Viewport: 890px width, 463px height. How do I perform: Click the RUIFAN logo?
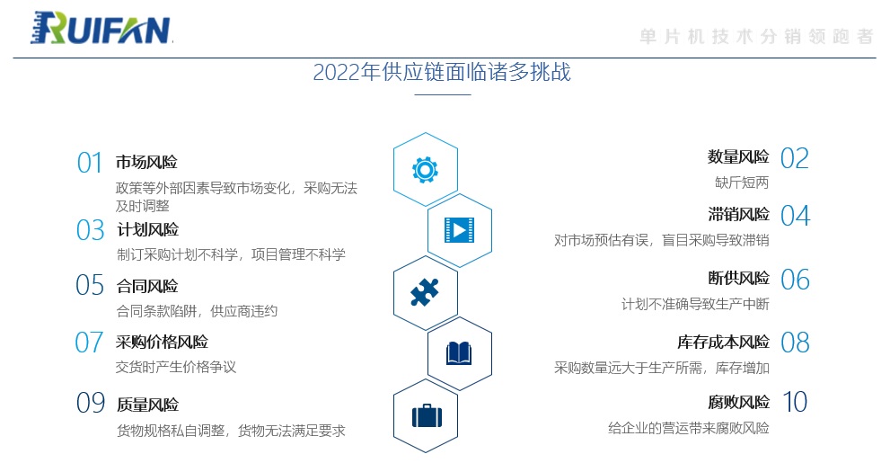[101, 28]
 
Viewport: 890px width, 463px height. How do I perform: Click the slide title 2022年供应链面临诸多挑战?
[442, 72]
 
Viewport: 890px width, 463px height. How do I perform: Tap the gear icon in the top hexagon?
[425, 169]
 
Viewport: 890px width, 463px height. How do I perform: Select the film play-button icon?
[459, 230]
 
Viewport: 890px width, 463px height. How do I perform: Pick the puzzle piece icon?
[425, 292]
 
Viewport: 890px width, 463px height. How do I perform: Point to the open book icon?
[459, 353]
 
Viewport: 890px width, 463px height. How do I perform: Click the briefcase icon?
[427, 415]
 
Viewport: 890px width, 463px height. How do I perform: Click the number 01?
[89, 163]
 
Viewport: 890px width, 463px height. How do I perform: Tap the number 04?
[795, 216]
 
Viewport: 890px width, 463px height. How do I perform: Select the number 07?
[89, 343]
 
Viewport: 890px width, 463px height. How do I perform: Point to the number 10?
[795, 402]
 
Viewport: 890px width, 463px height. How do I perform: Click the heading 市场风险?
[146, 163]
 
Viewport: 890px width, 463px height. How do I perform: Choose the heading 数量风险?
[738, 156]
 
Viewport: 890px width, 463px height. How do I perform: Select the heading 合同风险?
[147, 286]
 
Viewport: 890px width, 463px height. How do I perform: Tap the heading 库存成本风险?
[723, 342]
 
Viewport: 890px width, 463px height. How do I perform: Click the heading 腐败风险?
[738, 402]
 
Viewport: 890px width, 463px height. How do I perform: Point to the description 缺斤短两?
[742, 183]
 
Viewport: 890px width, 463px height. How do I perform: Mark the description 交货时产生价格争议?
[176, 367]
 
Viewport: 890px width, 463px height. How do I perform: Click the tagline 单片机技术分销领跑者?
[756, 37]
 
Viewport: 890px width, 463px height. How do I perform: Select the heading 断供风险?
[738, 278]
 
